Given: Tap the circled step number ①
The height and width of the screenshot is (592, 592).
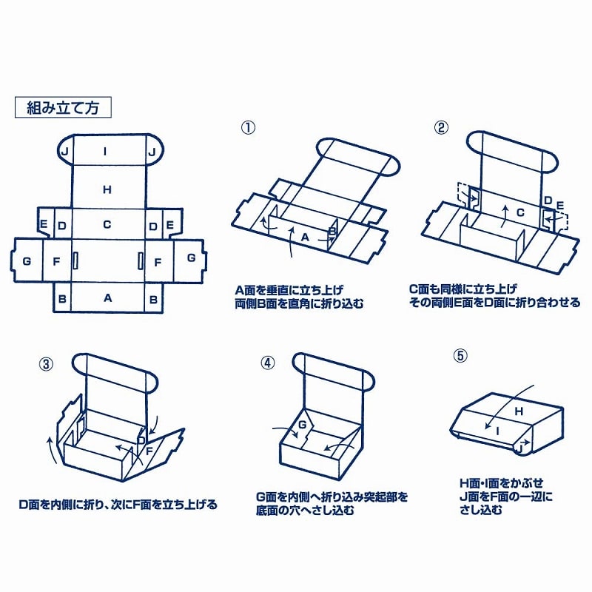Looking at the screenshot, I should (x=248, y=127).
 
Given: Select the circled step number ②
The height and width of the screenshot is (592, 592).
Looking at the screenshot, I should (x=441, y=127).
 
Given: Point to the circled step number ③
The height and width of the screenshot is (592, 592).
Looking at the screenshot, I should (x=46, y=363).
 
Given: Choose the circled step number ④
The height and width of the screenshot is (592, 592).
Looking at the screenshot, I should (x=268, y=363).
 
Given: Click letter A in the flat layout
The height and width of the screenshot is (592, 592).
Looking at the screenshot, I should (x=107, y=298).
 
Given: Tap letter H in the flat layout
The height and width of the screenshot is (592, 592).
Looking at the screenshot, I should (x=107, y=189).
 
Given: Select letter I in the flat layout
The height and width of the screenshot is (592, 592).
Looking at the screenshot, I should (x=107, y=151).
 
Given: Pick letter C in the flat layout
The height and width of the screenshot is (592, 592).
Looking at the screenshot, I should (x=107, y=224).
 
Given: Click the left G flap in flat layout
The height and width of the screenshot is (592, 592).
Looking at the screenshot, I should (x=27, y=260).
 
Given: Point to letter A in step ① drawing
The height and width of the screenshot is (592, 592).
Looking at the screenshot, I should (x=304, y=237).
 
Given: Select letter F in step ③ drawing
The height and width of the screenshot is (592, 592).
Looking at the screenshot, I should (x=148, y=448).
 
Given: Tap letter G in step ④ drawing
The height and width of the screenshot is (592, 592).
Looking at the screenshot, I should (x=302, y=424).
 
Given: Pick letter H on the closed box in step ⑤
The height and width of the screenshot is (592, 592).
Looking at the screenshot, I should (x=518, y=411).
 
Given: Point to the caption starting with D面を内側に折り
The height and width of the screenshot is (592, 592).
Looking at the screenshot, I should (x=118, y=505).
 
